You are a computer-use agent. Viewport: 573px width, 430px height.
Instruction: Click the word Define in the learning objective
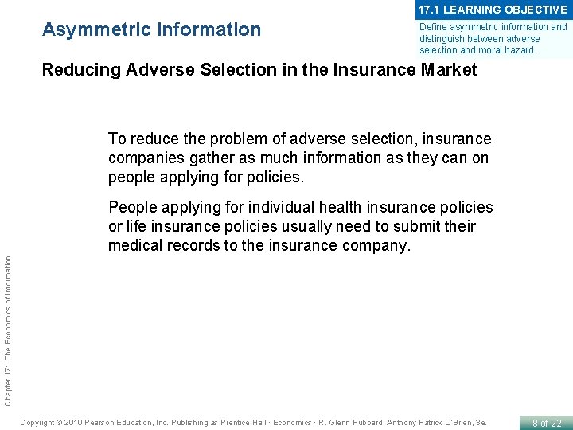pyautogui.click(x=435, y=27)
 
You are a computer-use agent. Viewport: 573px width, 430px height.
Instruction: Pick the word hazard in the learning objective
pyautogui.click(x=520, y=49)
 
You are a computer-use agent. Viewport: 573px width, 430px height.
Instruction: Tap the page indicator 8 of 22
pyautogui.click(x=546, y=422)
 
